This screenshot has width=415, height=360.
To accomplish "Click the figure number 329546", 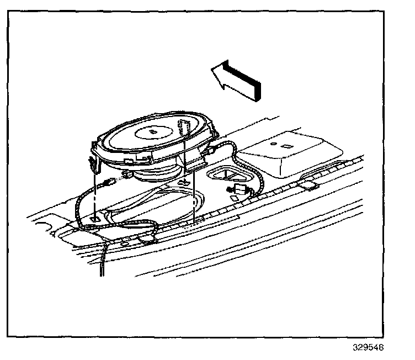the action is [x=369, y=348].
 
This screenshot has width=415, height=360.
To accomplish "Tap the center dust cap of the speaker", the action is [x=152, y=132].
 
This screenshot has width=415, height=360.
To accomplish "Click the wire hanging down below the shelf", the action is [x=103, y=260].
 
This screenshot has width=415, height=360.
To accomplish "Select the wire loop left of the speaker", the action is [x=83, y=204].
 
